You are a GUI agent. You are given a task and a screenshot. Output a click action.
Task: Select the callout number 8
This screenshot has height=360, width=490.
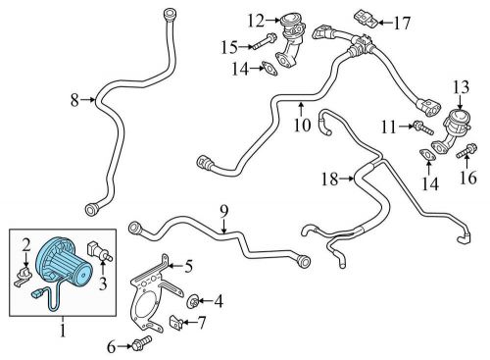[x=73, y=98]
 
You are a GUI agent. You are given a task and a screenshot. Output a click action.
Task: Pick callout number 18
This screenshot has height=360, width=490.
[x=329, y=178]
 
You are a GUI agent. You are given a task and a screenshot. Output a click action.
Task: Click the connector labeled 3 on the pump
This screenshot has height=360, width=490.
[x=97, y=246]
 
